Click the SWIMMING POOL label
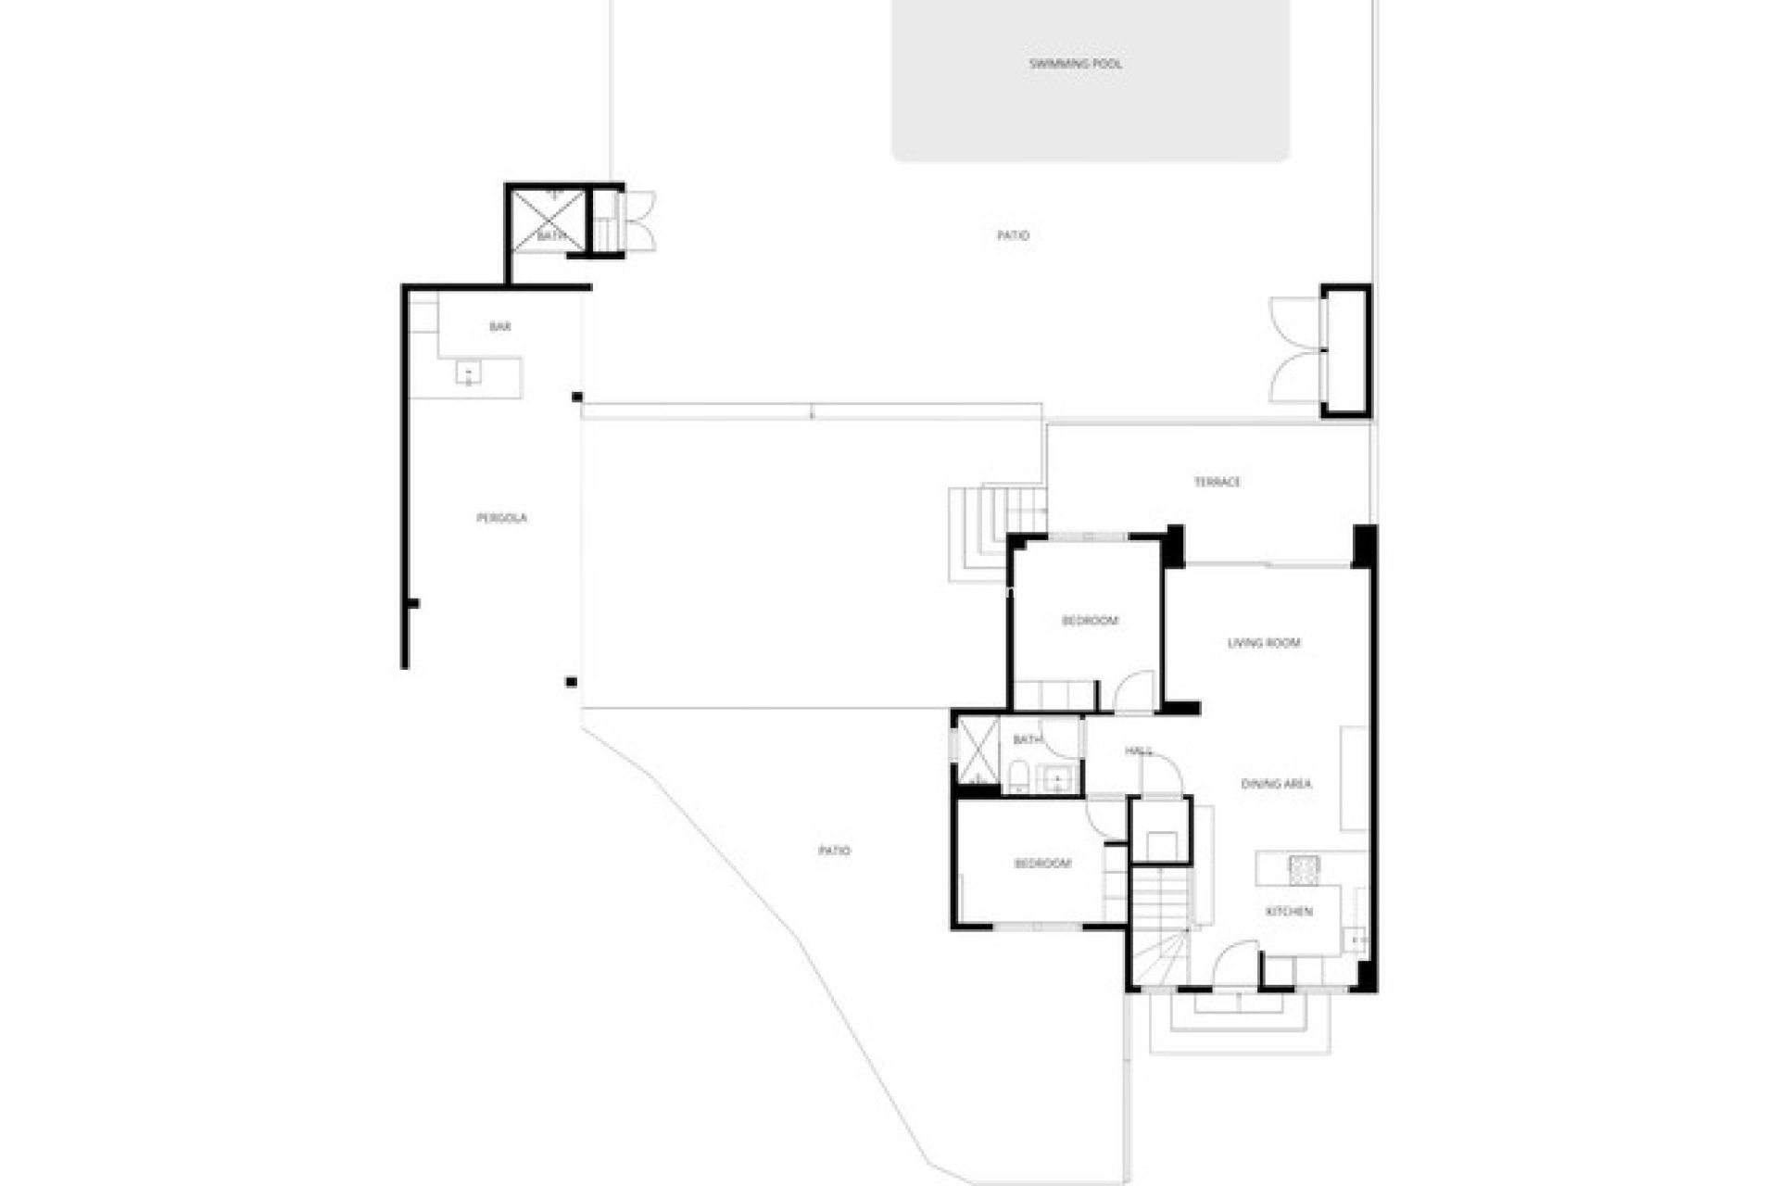point(1075,64)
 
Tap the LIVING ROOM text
point(1264,643)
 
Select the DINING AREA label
point(1276,784)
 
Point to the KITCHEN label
point(1289,912)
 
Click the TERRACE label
point(1217,482)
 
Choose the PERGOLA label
point(501,518)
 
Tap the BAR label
point(499,326)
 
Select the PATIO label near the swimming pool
point(1013,235)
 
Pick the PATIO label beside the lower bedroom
point(834,851)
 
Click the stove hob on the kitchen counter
point(1304,867)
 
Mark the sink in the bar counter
point(469,372)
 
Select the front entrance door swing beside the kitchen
point(1237,964)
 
